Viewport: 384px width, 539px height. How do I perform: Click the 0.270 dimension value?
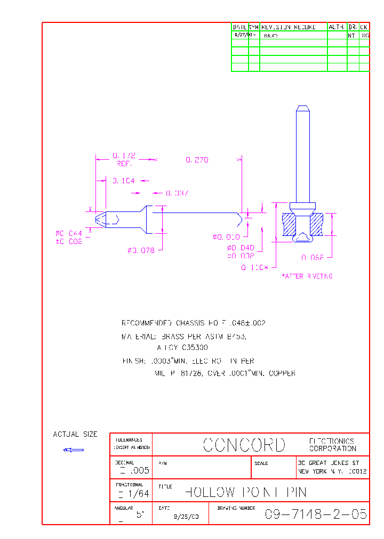click(197, 160)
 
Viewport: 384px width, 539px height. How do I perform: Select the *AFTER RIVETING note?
click(307, 276)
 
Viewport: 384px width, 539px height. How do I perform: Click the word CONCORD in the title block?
click(244, 445)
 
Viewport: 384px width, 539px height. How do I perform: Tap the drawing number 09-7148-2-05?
click(316, 514)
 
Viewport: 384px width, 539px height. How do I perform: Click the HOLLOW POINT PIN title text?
click(245, 492)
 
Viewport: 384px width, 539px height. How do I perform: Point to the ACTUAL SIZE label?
click(75, 435)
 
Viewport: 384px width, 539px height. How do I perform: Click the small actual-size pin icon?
click(74, 450)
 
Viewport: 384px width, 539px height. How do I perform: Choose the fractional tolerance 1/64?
click(137, 494)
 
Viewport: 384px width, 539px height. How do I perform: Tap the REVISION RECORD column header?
click(289, 27)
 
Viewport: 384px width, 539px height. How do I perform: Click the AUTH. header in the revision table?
click(337, 27)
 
